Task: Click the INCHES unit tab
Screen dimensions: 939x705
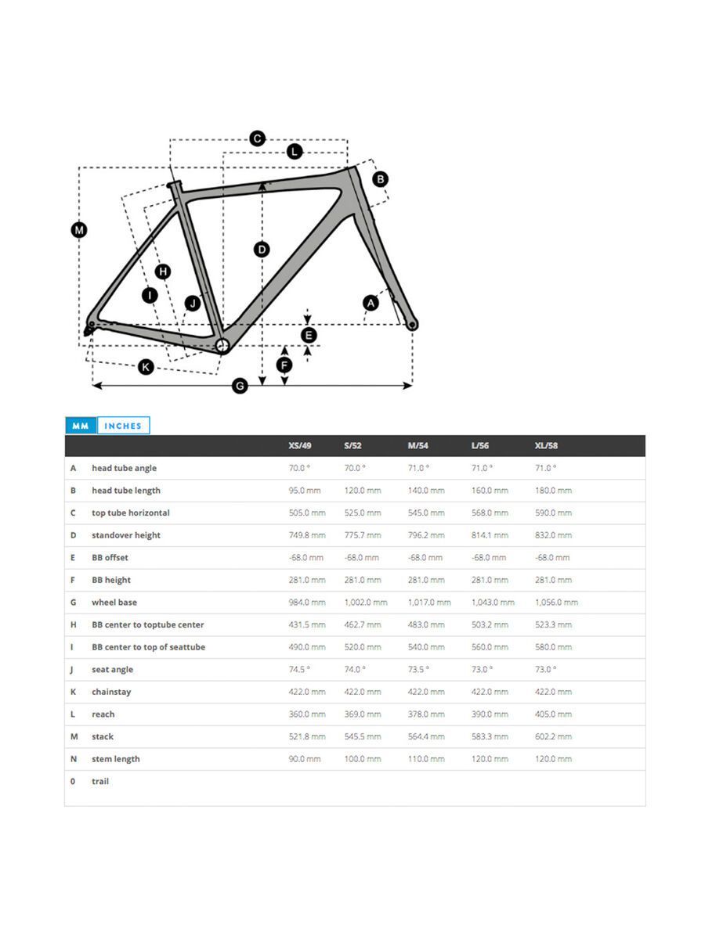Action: click(x=123, y=426)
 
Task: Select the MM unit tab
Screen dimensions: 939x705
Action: click(x=81, y=426)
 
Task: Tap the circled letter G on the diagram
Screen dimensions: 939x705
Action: click(x=240, y=386)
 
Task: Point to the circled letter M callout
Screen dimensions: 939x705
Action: click(x=79, y=230)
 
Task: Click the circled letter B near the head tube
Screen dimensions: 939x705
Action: click(x=380, y=179)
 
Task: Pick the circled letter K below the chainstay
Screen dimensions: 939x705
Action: click(x=146, y=366)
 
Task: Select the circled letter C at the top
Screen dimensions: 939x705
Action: click(x=257, y=139)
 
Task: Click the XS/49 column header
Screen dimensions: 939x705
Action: click(x=300, y=446)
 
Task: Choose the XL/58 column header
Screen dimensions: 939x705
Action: click(x=546, y=446)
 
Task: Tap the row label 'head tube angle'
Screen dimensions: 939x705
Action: click(x=124, y=468)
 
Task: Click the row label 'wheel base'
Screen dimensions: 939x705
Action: click(x=114, y=603)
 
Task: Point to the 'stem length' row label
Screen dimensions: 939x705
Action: click(x=115, y=759)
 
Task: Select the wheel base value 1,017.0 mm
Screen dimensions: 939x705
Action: click(x=429, y=603)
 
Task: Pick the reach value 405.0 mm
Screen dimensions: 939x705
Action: click(x=553, y=714)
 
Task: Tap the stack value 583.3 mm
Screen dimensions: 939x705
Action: click(x=490, y=736)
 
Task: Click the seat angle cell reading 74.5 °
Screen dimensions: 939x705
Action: click(x=299, y=670)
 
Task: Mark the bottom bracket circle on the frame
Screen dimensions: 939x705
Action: click(x=222, y=345)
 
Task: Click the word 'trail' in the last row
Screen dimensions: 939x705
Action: click(x=100, y=782)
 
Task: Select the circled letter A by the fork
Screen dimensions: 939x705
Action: click(x=371, y=303)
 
